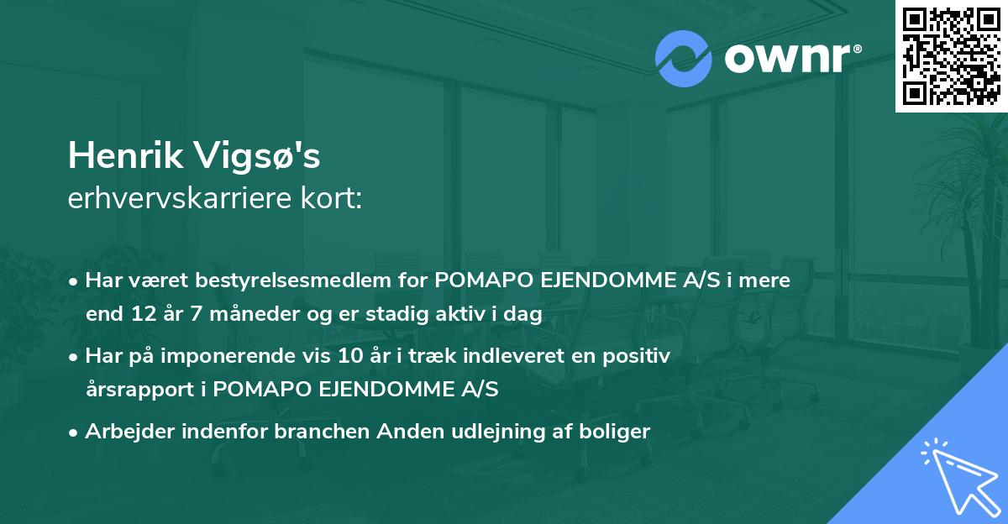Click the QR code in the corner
pyautogui.click(x=951, y=56)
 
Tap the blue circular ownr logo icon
pyautogui.click(x=684, y=59)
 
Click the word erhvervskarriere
pyautogui.click(x=184, y=199)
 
